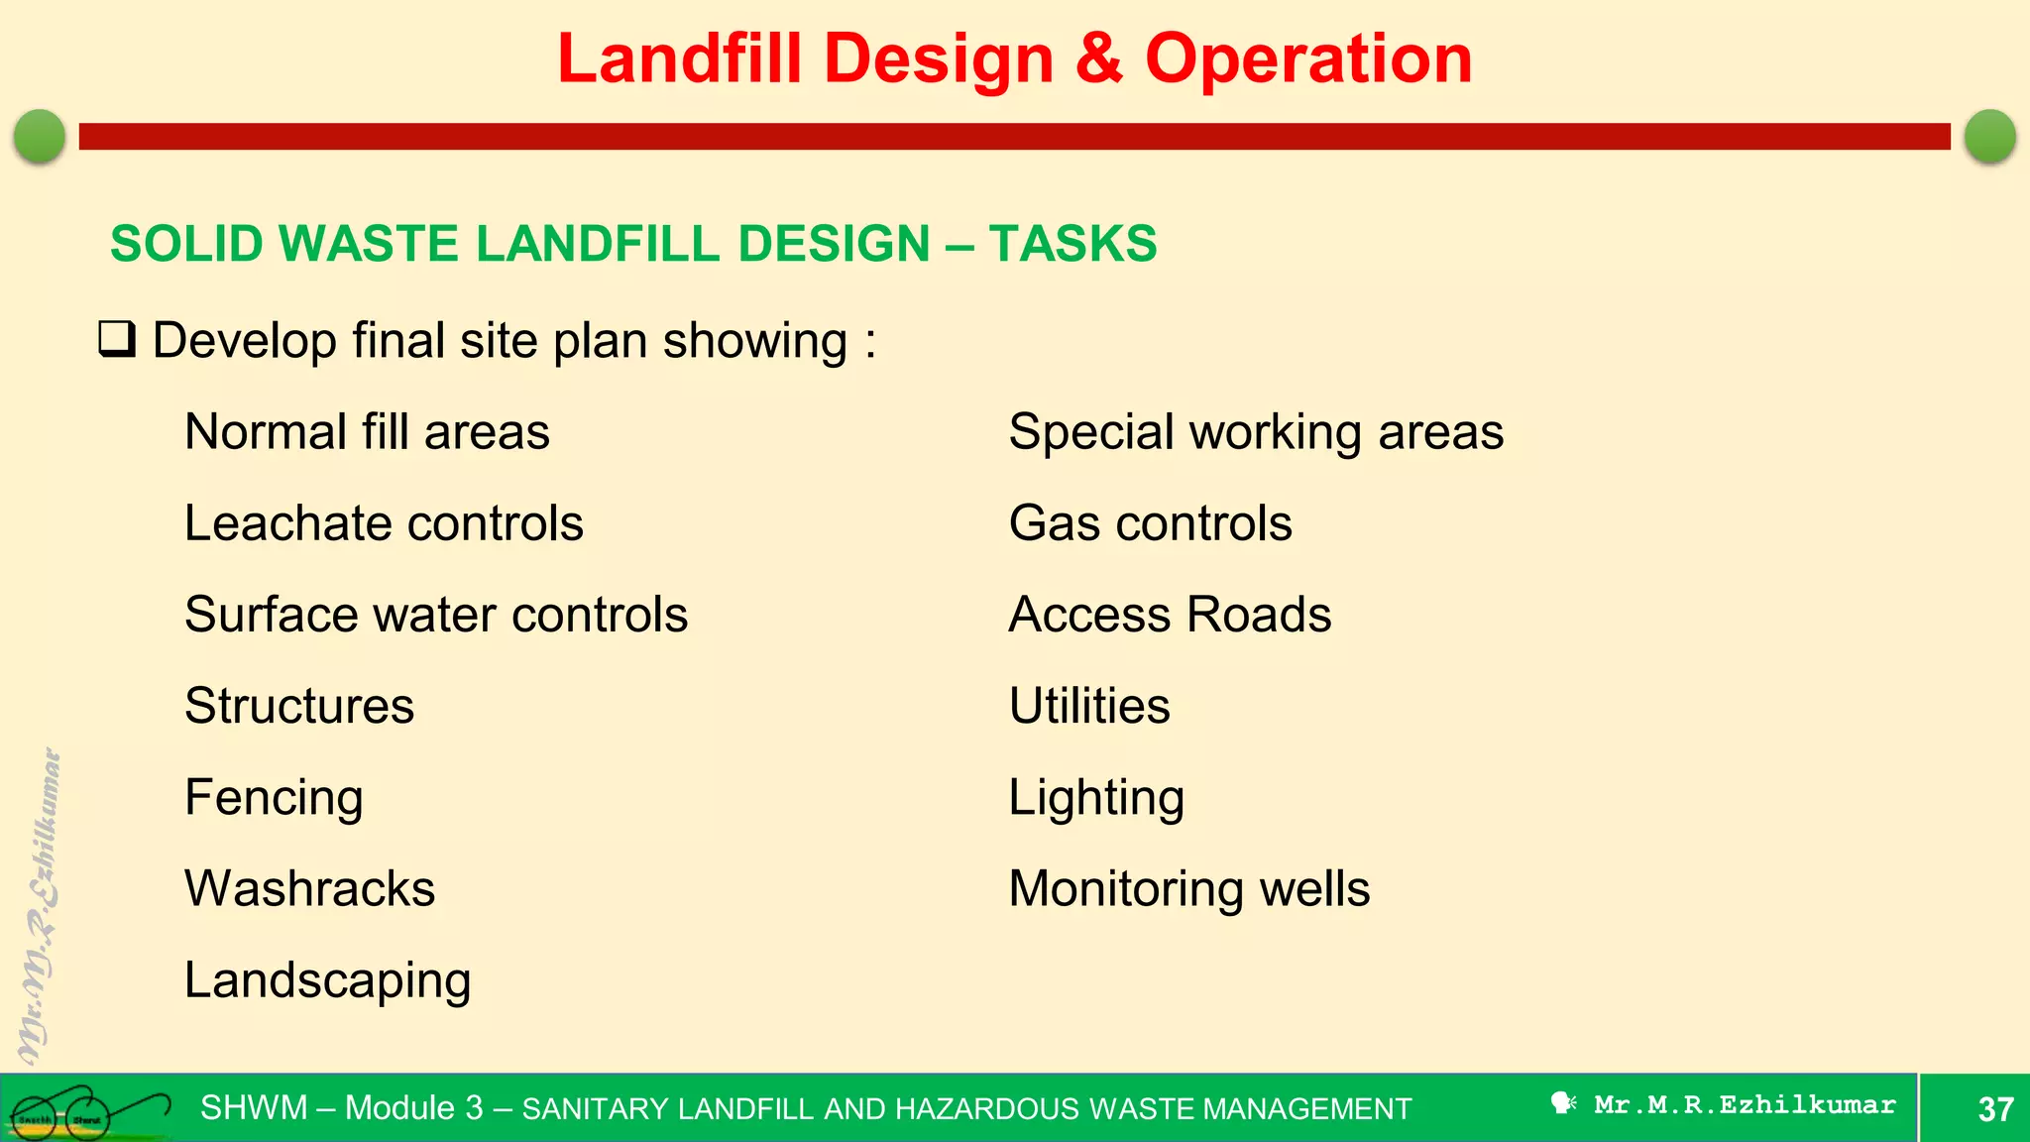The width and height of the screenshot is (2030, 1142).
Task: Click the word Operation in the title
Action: [1308, 59]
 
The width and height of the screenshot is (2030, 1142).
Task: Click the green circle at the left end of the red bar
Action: [40, 136]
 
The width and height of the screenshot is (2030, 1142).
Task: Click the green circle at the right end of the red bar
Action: [1989, 136]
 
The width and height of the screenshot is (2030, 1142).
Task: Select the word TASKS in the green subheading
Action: [1072, 244]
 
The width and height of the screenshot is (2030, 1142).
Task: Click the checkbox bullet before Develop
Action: [117, 339]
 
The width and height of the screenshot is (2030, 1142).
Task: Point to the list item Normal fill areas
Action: [367, 432]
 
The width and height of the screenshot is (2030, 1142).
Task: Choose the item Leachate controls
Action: [384, 523]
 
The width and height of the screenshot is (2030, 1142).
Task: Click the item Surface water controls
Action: [436, 615]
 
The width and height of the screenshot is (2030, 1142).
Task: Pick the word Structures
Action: [299, 706]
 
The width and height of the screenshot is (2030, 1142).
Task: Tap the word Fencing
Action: [274, 797]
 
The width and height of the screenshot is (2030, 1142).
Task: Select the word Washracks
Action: [309, 888]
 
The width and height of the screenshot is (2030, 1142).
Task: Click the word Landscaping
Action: [327, 980]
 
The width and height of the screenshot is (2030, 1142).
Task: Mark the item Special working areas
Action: [1256, 432]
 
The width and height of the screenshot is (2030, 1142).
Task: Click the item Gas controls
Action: [1150, 523]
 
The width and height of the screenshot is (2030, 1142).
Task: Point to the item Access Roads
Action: [1170, 615]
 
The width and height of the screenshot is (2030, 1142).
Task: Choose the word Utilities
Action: [1089, 706]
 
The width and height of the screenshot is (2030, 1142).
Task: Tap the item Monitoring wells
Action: [1188, 888]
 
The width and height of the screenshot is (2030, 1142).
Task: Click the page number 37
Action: [1994, 1109]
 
